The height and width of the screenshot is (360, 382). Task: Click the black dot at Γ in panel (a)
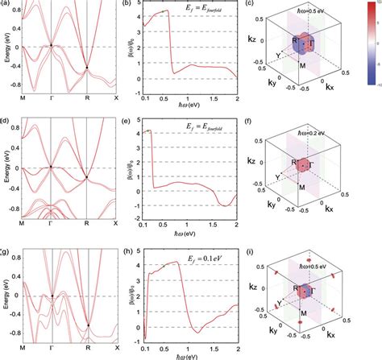pos(52,44)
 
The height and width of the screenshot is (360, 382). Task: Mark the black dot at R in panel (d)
pos(87,177)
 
